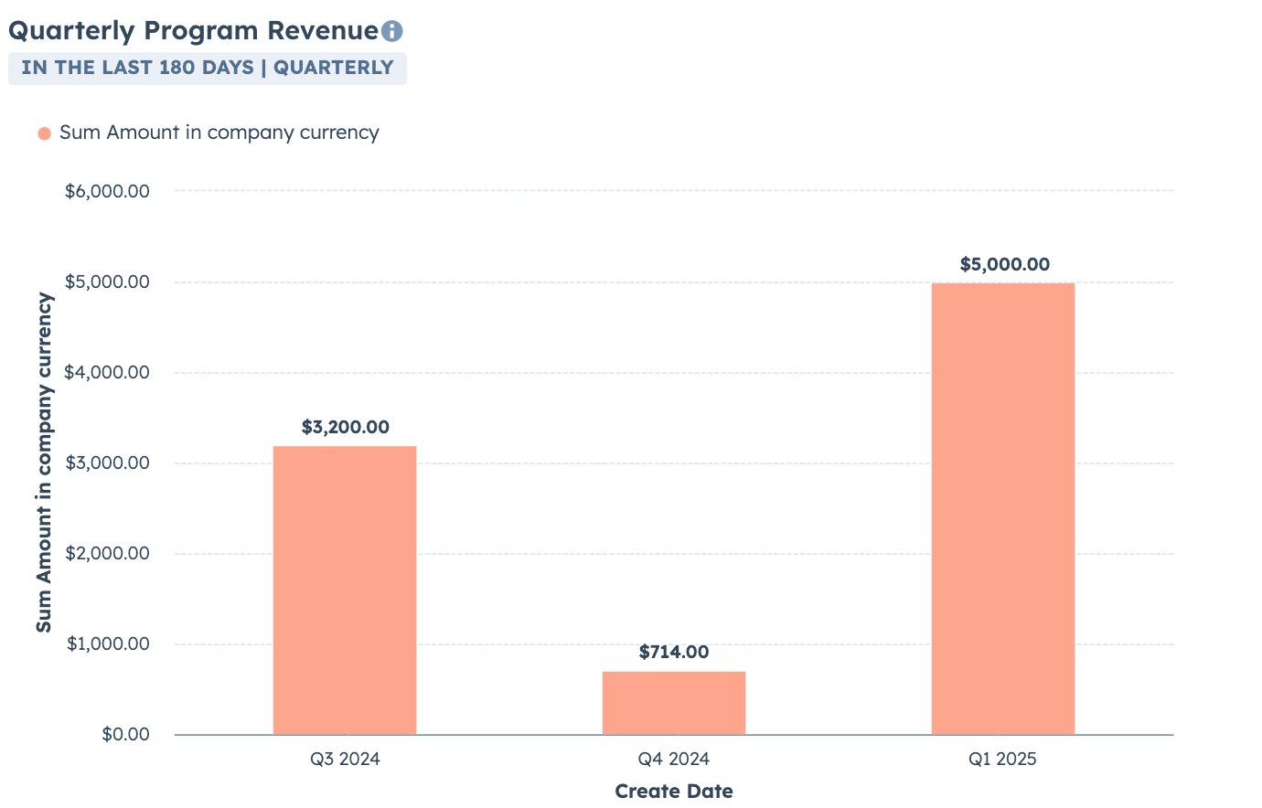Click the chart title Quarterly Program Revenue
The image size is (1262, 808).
pos(193,30)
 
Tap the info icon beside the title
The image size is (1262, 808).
pos(391,31)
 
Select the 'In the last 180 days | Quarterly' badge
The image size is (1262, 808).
pos(208,68)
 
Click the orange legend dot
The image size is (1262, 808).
pos(44,133)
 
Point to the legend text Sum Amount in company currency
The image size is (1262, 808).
pos(219,133)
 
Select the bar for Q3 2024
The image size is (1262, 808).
pos(345,590)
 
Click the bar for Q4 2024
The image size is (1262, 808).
pos(674,703)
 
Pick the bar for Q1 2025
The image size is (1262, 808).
pos(1003,508)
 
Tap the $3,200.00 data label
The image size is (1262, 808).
pos(345,427)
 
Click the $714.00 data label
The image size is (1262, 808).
pos(674,652)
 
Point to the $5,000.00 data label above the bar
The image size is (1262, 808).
pos(1004,264)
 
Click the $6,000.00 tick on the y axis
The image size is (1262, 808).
pos(107,191)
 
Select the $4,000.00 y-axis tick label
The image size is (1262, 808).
pos(107,372)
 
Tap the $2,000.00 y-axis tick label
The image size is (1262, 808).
pos(107,553)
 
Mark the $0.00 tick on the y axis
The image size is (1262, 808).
pos(125,734)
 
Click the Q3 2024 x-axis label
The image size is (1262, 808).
pos(345,759)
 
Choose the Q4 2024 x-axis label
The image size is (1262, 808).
pos(674,759)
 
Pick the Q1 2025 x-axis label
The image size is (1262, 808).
pos(1003,759)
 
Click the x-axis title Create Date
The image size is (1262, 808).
pos(674,791)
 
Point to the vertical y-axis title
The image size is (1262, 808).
pos(44,462)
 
